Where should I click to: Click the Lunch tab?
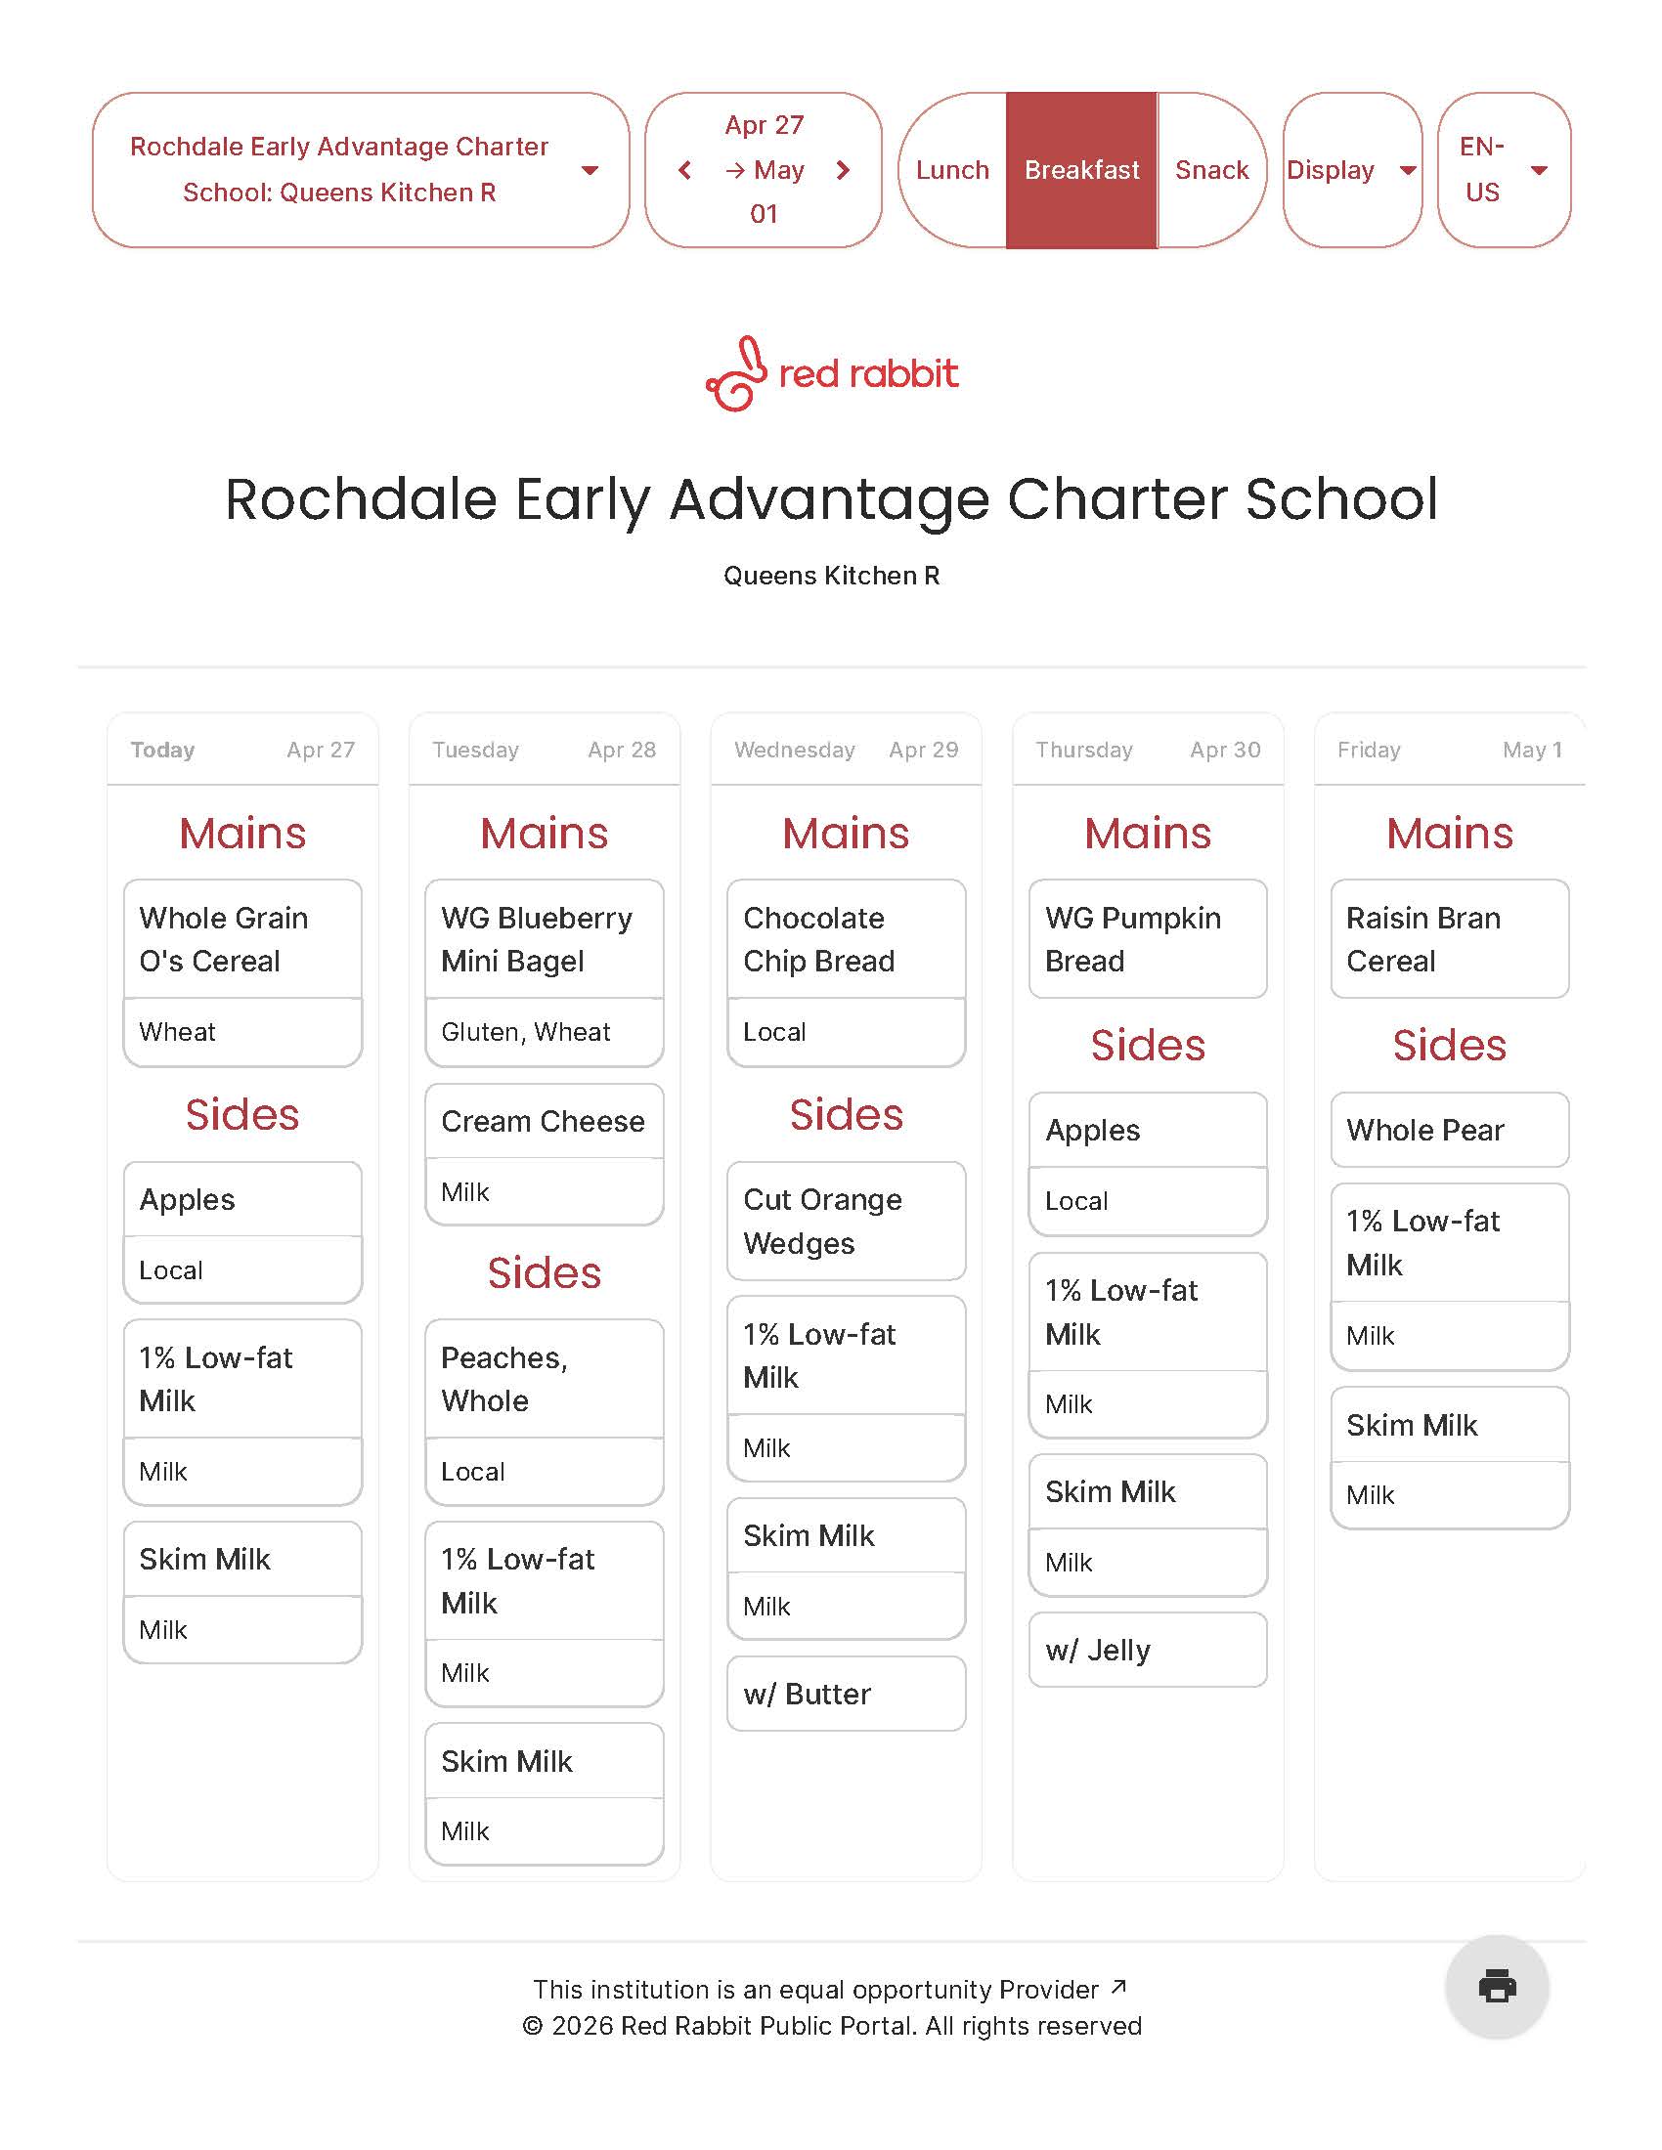[x=951, y=170]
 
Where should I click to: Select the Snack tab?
[x=1211, y=170]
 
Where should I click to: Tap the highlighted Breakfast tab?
[x=1081, y=170]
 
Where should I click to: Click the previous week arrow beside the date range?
[x=685, y=170]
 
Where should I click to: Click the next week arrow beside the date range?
[x=843, y=170]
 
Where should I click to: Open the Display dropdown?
[x=1351, y=170]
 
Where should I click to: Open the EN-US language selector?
[x=1503, y=170]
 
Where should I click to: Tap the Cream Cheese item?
[x=543, y=1121]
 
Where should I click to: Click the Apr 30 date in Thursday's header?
[x=1224, y=751]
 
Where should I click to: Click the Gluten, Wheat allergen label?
[x=526, y=1032]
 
